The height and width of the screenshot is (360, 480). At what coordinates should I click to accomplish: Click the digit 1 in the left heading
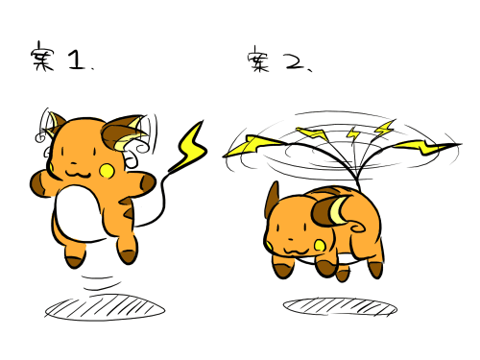pyautogui.click(x=76, y=60)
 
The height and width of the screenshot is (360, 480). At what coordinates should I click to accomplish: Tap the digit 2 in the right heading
pyautogui.click(x=295, y=62)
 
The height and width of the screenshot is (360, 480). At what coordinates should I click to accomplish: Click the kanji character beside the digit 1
pyautogui.click(x=42, y=57)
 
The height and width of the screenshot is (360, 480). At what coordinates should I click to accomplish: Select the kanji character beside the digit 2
pyautogui.click(x=258, y=60)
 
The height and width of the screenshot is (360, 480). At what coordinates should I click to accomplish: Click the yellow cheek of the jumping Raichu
pyautogui.click(x=107, y=171)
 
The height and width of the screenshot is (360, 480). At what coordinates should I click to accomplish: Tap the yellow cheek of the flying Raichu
pyautogui.click(x=320, y=246)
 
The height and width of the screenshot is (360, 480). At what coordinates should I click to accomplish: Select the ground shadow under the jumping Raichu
pyautogui.click(x=105, y=307)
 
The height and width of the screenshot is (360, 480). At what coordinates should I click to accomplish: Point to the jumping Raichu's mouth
pyautogui.click(x=78, y=174)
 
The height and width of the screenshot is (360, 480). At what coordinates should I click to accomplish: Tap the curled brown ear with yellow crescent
pyautogui.click(x=330, y=211)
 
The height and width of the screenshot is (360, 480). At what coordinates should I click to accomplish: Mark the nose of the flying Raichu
pyautogui.click(x=291, y=239)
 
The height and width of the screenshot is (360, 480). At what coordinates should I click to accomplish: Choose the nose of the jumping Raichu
pyautogui.click(x=74, y=163)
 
